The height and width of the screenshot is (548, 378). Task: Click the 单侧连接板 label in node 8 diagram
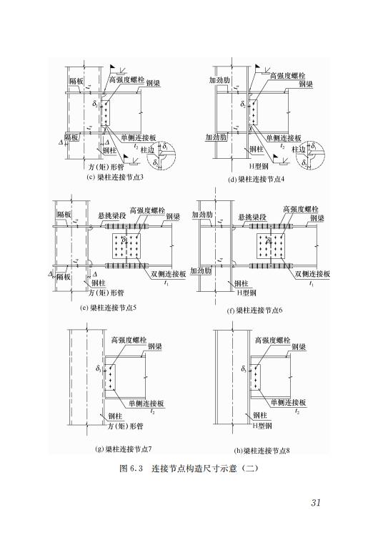tap(288, 403)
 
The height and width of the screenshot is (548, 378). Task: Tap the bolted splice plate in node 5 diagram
tap(126, 246)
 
